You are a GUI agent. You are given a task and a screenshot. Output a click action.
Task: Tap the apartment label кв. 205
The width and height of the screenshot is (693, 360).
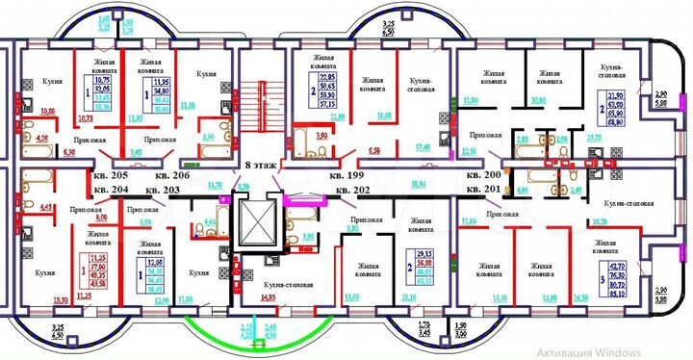(112, 176)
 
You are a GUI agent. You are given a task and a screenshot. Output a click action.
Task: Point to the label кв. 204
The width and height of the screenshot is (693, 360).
(112, 190)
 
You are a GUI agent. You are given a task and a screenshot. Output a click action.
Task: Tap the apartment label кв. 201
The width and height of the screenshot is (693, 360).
(484, 190)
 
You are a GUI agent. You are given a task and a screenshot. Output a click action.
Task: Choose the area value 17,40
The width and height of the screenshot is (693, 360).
(420, 147)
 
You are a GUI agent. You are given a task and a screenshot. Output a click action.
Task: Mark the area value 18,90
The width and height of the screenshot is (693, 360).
(420, 183)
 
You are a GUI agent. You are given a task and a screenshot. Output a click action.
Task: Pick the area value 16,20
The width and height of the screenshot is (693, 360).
(598, 220)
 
